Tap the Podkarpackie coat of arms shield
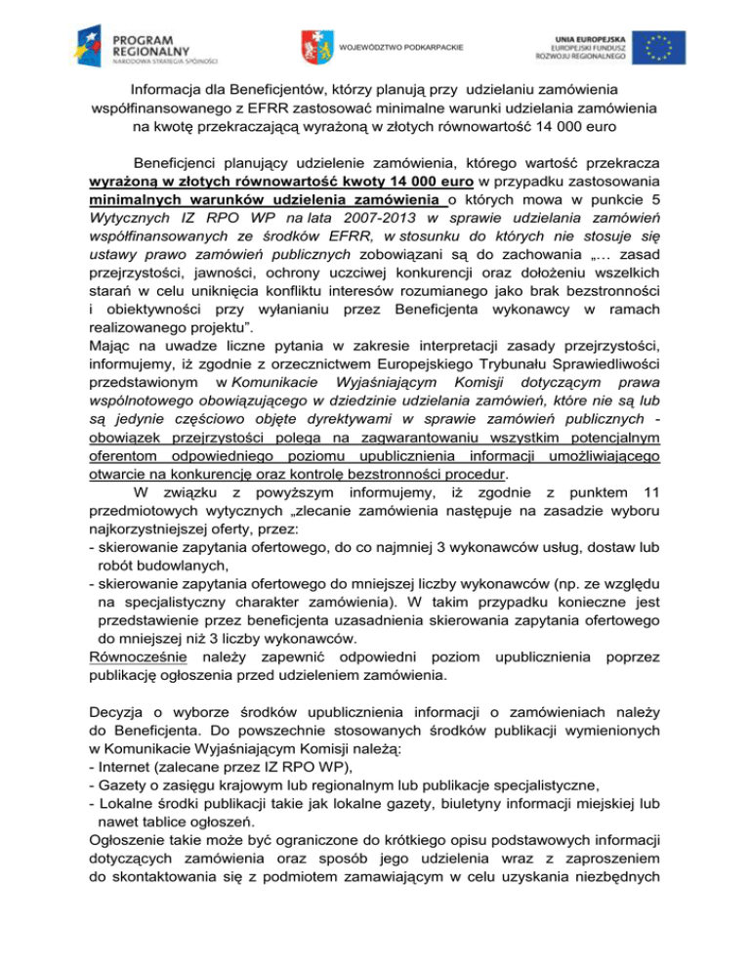313,45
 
